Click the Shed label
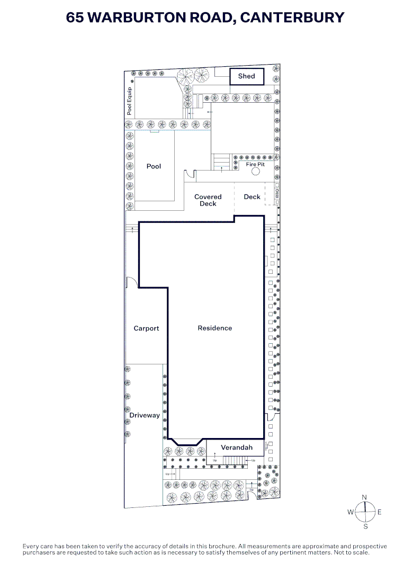tap(246, 76)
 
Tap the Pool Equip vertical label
tap(129, 101)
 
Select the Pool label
tap(154, 166)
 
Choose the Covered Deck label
tap(208, 200)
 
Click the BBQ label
tap(277, 194)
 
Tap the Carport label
tap(146, 328)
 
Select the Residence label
tap(214, 328)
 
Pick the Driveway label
tap(145, 415)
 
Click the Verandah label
tap(236, 448)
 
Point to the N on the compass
tap(364, 497)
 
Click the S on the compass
tap(365, 526)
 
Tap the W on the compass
tap(351, 512)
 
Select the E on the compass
tap(379, 512)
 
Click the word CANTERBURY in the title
tap(292, 17)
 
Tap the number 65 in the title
tap(75, 17)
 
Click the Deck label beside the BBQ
tap(252, 196)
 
